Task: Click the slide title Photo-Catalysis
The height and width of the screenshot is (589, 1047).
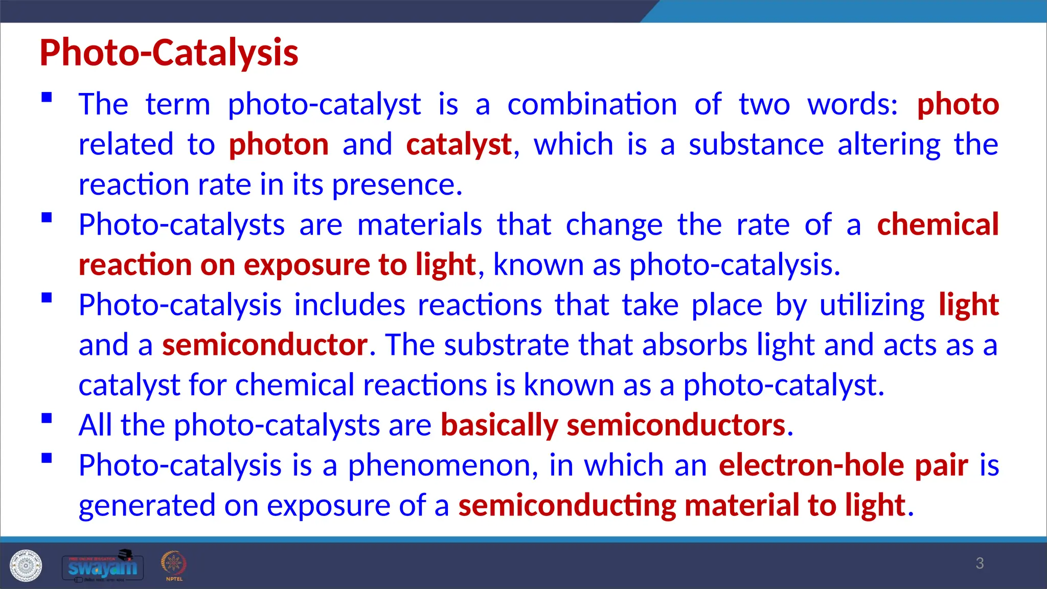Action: pos(169,53)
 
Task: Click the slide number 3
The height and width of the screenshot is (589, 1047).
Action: pos(979,563)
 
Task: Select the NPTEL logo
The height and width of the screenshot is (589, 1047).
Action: pos(174,565)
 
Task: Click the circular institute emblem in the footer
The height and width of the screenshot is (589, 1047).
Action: pos(26,566)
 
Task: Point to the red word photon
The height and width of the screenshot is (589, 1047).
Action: pos(279,145)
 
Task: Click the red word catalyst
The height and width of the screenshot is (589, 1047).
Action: pos(459,145)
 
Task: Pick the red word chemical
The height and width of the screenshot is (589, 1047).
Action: pos(938,224)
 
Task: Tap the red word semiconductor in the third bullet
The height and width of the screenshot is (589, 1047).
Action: pos(265,345)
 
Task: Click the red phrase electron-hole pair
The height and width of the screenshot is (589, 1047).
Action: pos(843,466)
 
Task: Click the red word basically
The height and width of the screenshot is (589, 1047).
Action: pos(499,425)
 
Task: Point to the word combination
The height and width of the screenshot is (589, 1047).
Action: pos(592,104)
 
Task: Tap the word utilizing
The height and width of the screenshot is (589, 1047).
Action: pos(872,305)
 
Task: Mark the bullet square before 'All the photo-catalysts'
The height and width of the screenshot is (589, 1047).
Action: pos(47,418)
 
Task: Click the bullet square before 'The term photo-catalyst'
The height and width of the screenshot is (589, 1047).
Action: pos(47,97)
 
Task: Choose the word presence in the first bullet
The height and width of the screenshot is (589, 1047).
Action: pos(397,185)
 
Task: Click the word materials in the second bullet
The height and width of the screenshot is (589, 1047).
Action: pos(419,224)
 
